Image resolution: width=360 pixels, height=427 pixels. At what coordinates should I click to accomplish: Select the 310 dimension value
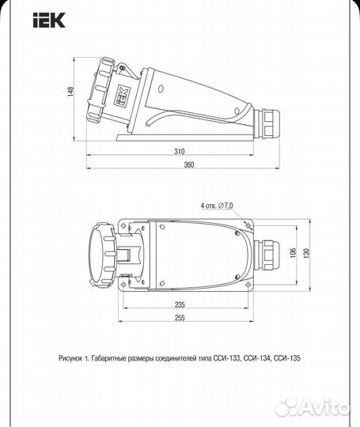coord(180,150)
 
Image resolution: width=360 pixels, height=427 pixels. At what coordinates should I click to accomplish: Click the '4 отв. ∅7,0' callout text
coord(217,205)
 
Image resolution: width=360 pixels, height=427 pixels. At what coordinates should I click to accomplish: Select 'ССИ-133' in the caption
coord(230,357)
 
